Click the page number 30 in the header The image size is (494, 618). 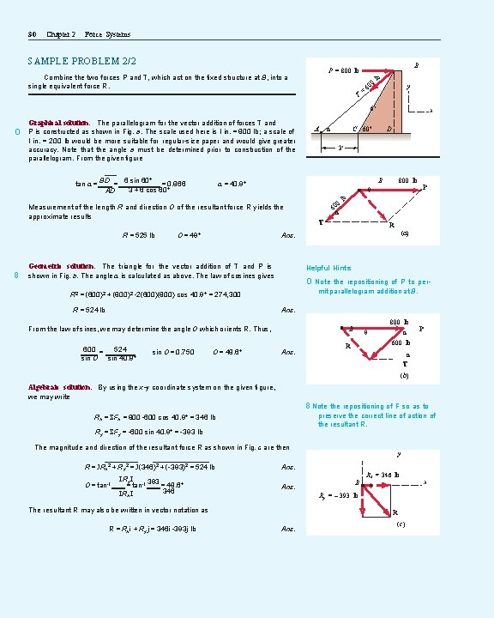point(32,34)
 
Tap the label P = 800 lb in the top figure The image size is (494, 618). point(346,70)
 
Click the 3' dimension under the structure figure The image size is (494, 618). point(340,146)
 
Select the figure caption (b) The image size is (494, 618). point(402,375)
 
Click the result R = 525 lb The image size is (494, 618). point(139,234)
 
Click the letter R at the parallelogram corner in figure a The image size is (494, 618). point(392,226)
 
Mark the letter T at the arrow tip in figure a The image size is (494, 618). point(321,222)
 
